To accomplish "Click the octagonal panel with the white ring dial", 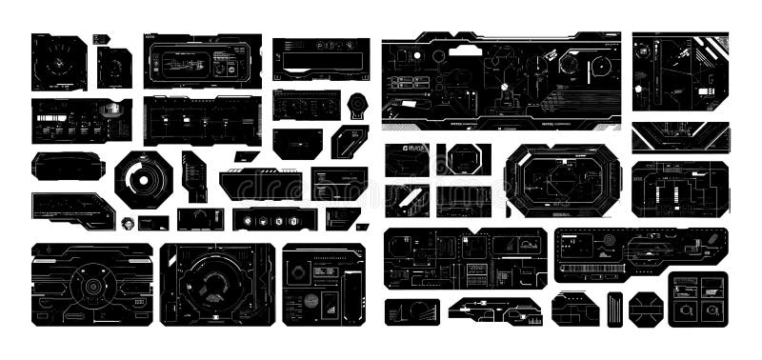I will point(144,178).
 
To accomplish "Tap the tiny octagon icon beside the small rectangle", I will point(128,223).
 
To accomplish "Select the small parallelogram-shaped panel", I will point(247,156).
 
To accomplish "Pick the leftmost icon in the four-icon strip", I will point(247,221).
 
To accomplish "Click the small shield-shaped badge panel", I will point(356,105).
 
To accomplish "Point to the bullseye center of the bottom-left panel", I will point(91,285).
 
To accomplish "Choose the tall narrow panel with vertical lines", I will point(614,309).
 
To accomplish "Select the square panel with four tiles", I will point(697,299).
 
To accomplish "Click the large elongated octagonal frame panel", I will point(563,181).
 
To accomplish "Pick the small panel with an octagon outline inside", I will point(464,159).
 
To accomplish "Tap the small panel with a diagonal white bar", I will point(407,200).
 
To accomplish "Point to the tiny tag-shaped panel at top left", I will point(101,39).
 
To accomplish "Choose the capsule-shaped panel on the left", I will point(68,166).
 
